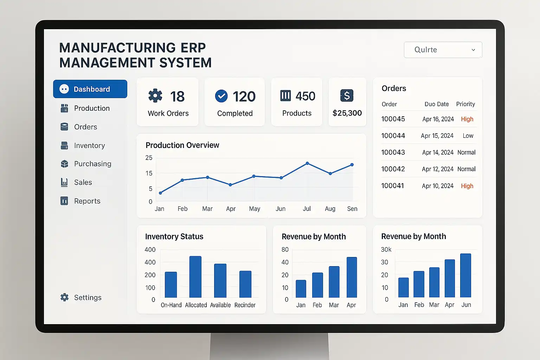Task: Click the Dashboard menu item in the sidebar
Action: (90, 89)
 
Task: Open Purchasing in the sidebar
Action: (92, 164)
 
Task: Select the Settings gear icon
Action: (64, 297)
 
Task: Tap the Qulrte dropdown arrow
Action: (473, 50)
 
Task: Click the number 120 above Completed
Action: (244, 96)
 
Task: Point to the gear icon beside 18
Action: (155, 96)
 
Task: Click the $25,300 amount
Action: (347, 113)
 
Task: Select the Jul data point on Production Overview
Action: (307, 163)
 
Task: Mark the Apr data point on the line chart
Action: (230, 185)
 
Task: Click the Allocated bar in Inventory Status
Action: (195, 277)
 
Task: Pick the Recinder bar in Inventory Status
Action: (245, 284)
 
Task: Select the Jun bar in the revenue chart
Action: (465, 275)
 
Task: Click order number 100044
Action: (393, 136)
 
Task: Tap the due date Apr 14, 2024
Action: (438, 152)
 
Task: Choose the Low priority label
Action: (468, 136)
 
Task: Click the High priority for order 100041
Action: (467, 186)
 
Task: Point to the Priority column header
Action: (465, 104)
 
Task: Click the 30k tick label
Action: (386, 250)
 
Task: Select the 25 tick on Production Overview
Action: (149, 158)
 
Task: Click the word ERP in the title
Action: (193, 48)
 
